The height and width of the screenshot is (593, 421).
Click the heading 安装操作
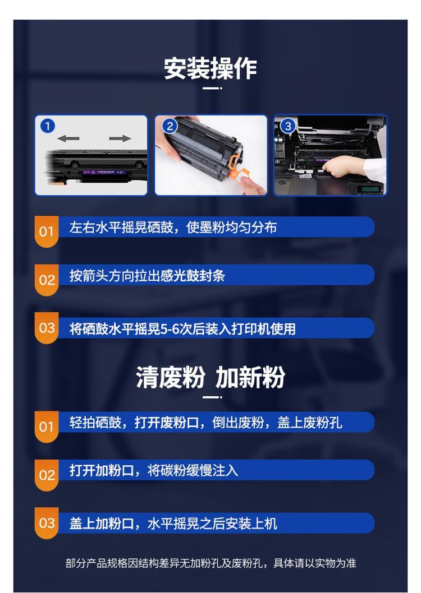[210, 68]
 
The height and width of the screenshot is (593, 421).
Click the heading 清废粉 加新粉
[210, 377]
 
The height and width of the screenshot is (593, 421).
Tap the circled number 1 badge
[48, 126]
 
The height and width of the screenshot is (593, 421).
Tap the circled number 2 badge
[170, 126]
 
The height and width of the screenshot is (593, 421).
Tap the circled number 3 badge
[288, 126]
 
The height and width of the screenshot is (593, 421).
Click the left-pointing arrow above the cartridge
[68, 138]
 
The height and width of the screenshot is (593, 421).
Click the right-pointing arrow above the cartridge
[120, 138]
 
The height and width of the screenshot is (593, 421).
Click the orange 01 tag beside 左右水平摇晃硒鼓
[47, 231]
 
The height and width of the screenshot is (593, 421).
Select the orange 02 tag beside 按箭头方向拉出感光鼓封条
[47, 280]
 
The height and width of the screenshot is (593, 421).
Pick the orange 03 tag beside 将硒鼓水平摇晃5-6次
[47, 328]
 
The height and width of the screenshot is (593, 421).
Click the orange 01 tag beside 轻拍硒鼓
[47, 427]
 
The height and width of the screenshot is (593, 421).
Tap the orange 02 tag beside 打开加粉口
[47, 475]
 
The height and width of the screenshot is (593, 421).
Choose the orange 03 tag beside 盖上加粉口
[47, 523]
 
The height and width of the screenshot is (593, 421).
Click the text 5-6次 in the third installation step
[177, 328]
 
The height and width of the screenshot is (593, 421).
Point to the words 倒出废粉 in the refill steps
[238, 423]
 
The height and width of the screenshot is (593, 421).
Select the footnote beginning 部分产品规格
[210, 563]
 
